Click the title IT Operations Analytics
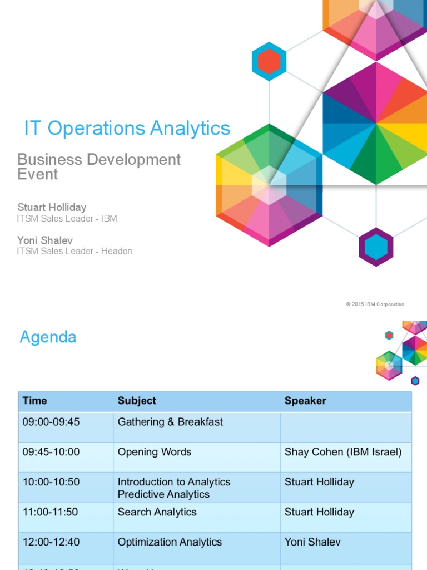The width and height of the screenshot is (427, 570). [127, 128]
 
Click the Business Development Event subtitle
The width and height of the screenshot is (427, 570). [99, 166]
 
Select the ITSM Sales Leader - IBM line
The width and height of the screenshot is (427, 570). [67, 219]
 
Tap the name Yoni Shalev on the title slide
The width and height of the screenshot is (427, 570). [45, 240]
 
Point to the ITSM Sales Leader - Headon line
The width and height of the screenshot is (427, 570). [75, 252]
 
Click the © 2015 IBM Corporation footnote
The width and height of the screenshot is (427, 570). [375, 304]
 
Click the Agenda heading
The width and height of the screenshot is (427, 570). [48, 337]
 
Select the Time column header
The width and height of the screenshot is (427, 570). [34, 401]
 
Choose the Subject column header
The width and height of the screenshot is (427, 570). [137, 401]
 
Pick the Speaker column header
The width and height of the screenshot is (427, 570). [305, 401]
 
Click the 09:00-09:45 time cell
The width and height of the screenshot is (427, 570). [51, 422]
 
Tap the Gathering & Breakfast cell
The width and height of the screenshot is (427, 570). [170, 422]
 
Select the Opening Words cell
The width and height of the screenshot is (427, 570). [154, 452]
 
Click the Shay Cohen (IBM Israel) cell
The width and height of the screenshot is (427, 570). [342, 452]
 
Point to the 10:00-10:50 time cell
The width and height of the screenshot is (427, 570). [51, 482]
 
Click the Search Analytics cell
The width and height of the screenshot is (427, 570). [157, 512]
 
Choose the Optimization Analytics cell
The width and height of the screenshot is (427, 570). [170, 542]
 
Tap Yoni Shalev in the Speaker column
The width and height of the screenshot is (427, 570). [312, 542]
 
